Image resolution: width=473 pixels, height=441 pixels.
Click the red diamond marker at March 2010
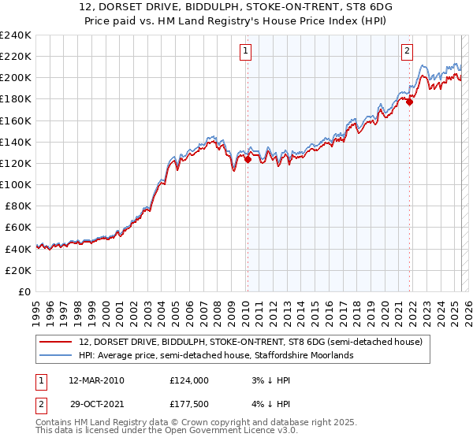coord(248,159)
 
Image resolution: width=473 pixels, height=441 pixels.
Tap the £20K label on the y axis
coord(17,270)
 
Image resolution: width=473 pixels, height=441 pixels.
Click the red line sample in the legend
coord(57,343)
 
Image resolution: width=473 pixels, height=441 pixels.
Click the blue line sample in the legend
coord(57,355)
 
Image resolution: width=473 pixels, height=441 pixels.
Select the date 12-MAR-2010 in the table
coord(96,380)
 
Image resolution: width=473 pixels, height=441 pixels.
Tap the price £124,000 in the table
coord(189,380)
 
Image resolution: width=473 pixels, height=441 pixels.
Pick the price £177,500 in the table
coord(189,405)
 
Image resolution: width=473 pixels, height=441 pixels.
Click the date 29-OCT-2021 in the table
coord(96,405)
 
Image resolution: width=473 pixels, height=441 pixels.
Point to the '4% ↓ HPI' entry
coord(270,405)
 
